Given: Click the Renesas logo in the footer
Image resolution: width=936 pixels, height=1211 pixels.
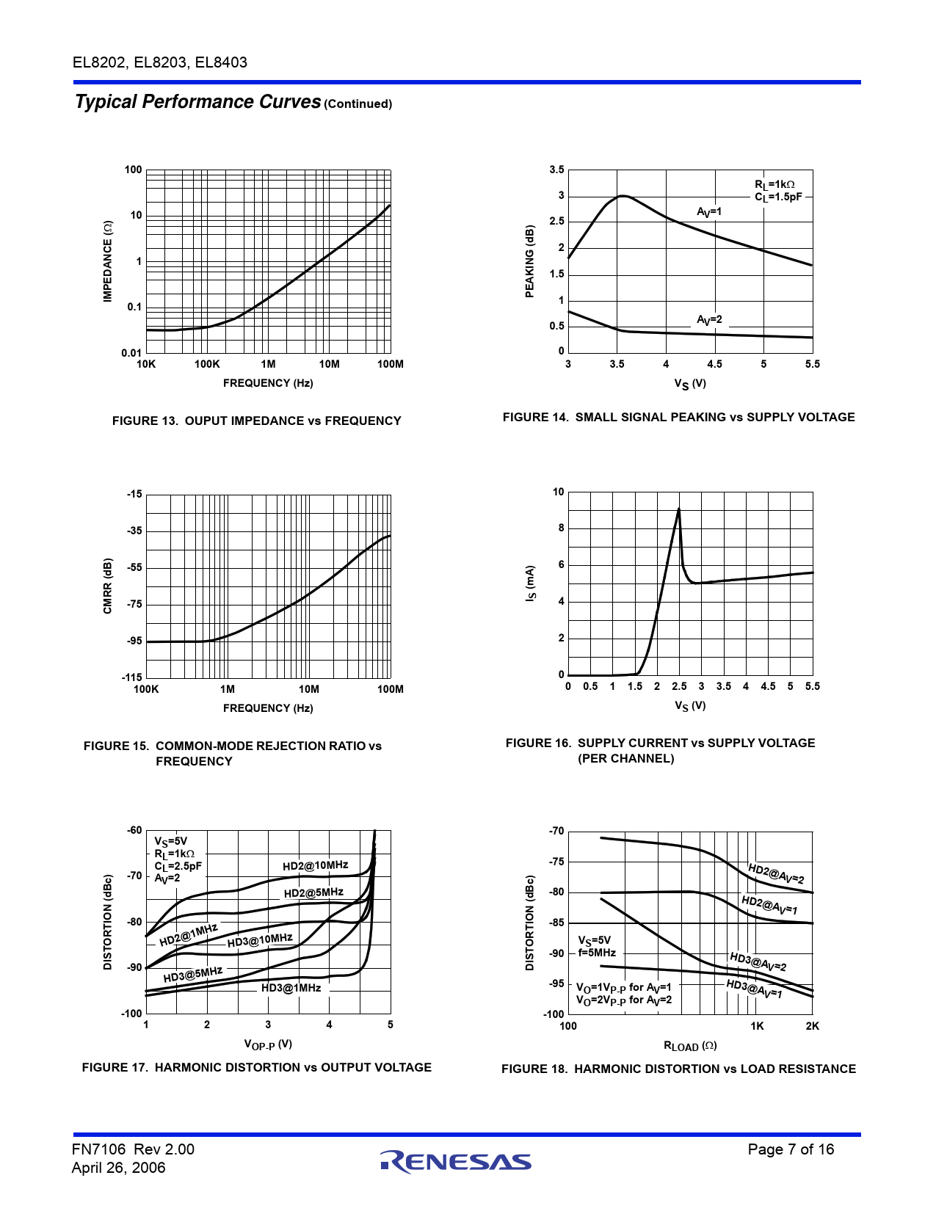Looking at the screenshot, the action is tap(456, 1163).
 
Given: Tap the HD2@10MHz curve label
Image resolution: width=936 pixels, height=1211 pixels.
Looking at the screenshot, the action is tap(316, 865).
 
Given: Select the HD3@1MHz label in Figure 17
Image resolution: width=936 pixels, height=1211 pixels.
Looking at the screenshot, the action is tap(291, 988).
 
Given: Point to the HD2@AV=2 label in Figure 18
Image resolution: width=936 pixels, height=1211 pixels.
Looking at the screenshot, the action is tap(776, 874).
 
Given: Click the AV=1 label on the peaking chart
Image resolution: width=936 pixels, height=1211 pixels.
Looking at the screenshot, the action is tap(709, 212).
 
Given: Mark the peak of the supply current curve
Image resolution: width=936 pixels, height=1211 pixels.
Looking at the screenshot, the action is tap(678, 508).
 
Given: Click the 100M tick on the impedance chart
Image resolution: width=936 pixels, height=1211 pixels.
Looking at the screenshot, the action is tap(391, 364).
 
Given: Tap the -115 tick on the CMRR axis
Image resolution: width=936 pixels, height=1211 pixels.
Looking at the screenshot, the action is tap(132, 677).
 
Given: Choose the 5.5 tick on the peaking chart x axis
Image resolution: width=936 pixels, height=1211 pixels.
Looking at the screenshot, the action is tap(812, 364).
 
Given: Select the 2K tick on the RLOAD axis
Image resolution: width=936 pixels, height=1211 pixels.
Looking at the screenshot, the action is tap(812, 1026).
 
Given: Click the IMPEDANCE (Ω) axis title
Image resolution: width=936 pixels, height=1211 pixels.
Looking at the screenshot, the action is tap(108, 261).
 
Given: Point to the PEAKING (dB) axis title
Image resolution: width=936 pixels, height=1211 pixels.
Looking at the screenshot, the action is tap(529, 261).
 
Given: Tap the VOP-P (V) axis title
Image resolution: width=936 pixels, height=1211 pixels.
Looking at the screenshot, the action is tap(268, 1044).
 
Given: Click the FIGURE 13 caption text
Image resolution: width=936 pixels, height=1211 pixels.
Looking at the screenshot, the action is tap(256, 421).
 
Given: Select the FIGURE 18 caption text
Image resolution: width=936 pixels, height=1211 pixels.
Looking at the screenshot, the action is tap(678, 1069).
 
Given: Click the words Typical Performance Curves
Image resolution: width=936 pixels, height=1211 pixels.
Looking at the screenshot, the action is tap(198, 101).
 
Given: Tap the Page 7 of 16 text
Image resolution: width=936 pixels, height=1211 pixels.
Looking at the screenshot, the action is tap(791, 1149).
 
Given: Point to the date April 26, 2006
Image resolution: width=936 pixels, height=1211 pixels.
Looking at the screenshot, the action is tap(119, 1168).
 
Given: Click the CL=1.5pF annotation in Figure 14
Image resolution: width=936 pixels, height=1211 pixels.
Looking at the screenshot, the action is tap(778, 197).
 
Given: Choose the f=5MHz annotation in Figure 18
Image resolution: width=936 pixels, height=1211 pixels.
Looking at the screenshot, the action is tap(597, 953).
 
